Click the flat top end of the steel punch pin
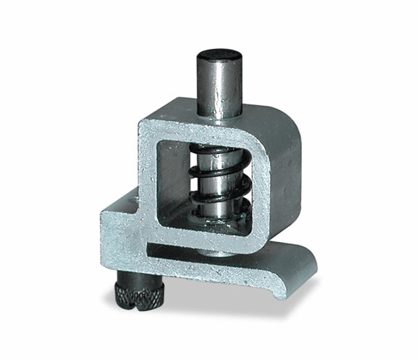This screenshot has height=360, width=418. click(x=220, y=55)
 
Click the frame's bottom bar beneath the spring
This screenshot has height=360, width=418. click(x=209, y=240)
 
